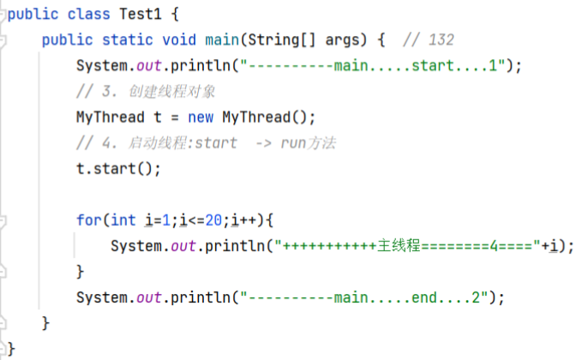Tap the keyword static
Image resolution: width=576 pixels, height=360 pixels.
[128, 40]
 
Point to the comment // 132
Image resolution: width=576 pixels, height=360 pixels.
[429, 40]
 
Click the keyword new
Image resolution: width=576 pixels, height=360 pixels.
[201, 117]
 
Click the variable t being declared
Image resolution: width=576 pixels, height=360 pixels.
[158, 117]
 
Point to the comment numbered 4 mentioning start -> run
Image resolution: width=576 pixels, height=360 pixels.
[206, 143]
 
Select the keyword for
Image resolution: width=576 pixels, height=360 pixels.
[88, 220]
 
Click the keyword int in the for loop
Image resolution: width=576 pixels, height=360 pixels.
[123, 220]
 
